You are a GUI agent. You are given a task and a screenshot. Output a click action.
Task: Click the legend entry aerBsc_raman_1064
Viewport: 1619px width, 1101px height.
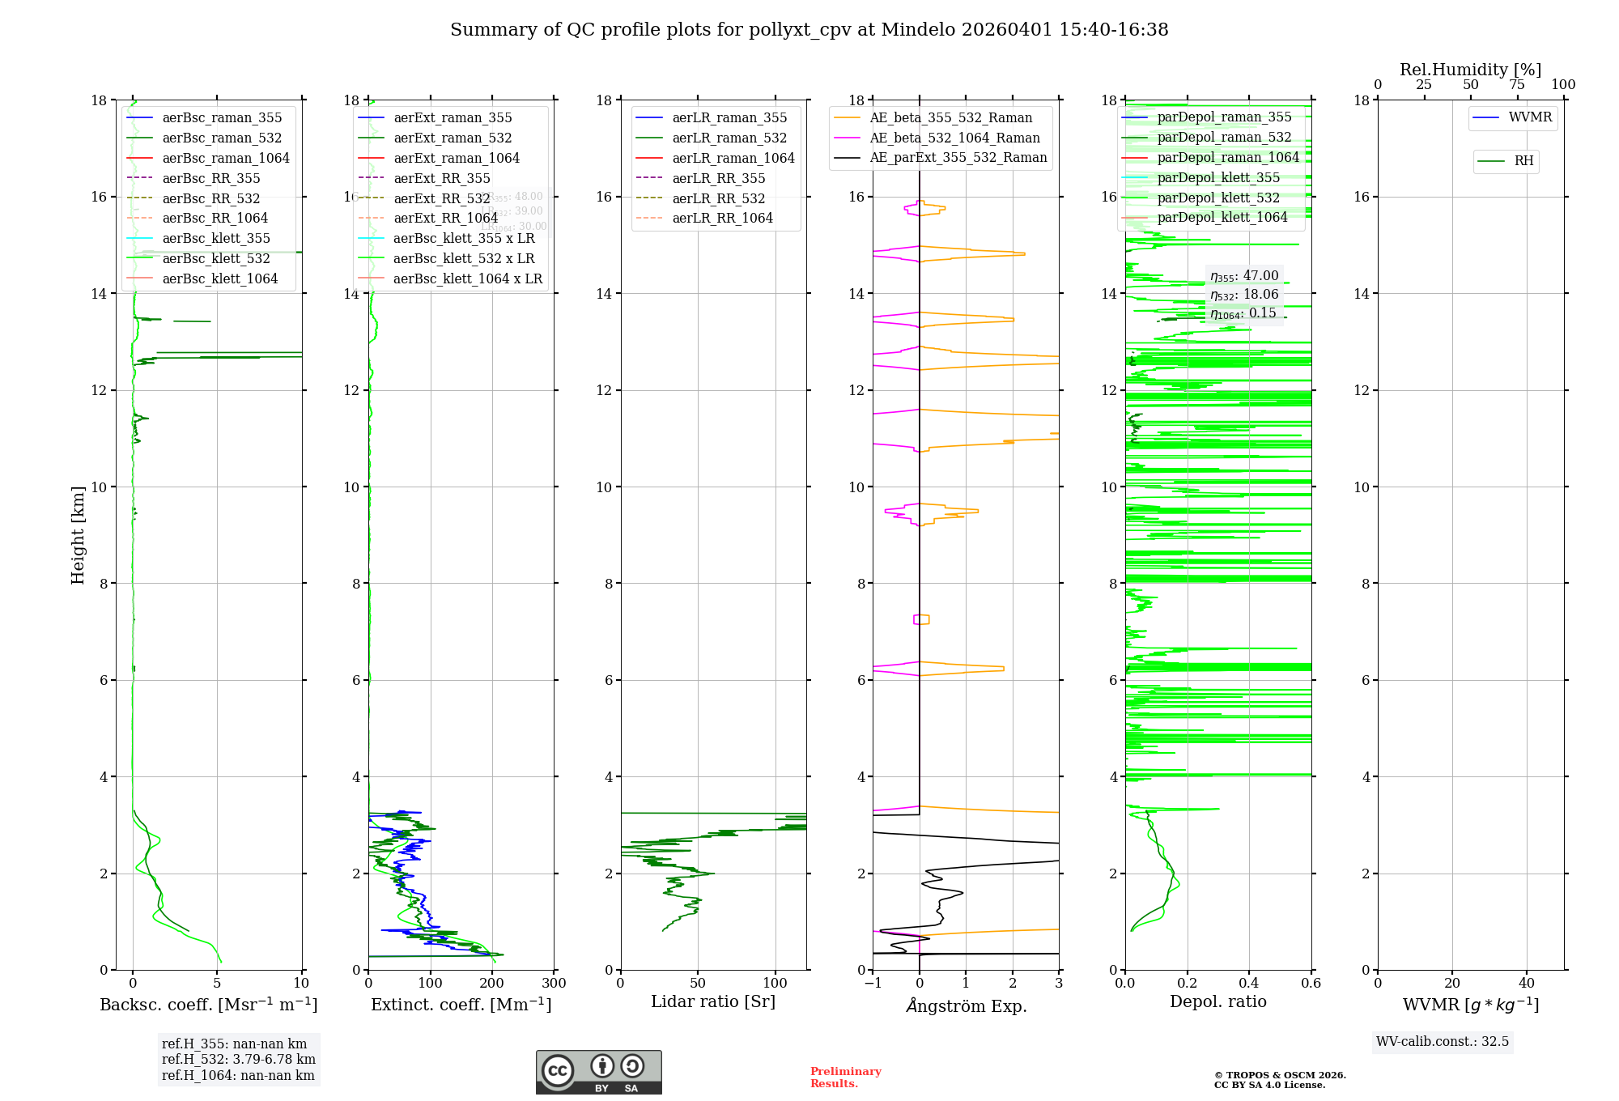[x=225, y=158]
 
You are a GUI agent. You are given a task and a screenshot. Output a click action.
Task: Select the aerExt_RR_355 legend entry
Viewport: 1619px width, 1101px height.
[x=441, y=178]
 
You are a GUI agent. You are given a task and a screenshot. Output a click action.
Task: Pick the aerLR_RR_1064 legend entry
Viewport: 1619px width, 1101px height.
[x=722, y=218]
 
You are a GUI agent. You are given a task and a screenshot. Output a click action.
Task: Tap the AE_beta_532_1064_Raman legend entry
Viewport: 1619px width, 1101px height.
[x=954, y=138]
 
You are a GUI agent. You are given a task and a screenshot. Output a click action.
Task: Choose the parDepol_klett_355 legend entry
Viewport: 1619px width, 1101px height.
[x=1218, y=177]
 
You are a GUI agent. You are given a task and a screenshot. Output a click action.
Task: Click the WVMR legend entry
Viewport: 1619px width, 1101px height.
[x=1530, y=117]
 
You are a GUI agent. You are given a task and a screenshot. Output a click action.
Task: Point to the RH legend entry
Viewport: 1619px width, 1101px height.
[x=1523, y=161]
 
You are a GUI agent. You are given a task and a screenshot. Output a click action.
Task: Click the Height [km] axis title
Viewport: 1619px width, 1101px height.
[x=78, y=534]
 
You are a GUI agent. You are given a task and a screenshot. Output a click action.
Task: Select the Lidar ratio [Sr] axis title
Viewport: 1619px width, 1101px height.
[x=713, y=1001]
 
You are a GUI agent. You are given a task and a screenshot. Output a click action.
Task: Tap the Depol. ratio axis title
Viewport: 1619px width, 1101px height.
[x=1217, y=1001]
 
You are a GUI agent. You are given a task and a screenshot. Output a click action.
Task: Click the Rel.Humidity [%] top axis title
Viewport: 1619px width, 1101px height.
[x=1470, y=70]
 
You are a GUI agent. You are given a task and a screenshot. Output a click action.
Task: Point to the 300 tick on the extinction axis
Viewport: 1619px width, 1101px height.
[x=555, y=983]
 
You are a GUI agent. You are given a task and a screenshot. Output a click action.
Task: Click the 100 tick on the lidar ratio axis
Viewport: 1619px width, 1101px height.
[x=776, y=983]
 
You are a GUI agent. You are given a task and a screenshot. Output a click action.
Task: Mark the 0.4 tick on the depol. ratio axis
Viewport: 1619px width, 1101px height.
[x=1249, y=983]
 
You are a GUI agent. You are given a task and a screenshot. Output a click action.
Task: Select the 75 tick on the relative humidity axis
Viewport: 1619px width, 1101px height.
[x=1517, y=85]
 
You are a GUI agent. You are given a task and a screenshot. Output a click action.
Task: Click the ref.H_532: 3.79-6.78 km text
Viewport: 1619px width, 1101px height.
[x=239, y=1059]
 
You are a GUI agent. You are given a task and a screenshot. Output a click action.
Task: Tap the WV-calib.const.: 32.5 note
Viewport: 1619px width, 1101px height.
[x=1443, y=1041]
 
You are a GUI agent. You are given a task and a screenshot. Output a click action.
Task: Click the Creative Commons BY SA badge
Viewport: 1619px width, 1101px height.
[x=598, y=1072]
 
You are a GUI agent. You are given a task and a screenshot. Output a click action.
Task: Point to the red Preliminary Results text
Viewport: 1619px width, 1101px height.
[x=845, y=1077]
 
